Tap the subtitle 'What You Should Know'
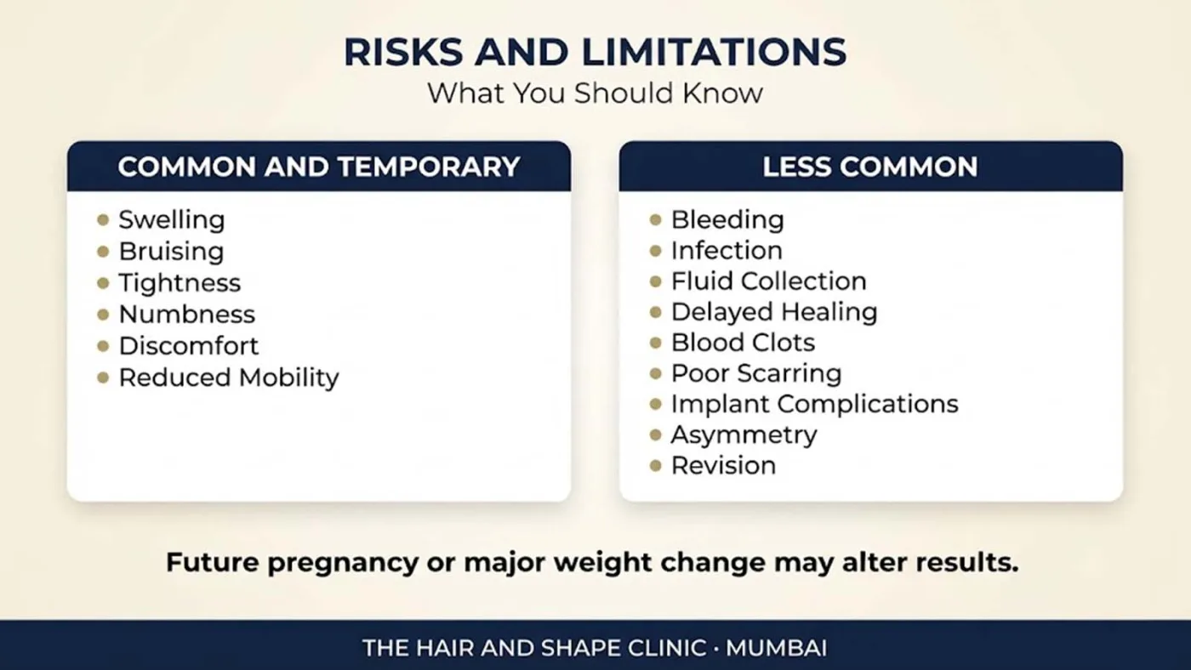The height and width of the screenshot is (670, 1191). tap(595, 93)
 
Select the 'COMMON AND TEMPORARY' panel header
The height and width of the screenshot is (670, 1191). tap(319, 167)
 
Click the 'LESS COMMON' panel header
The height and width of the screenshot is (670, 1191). tap(871, 167)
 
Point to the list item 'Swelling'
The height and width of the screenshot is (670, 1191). tap(172, 220)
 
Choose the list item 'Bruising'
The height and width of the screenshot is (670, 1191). tap(171, 252)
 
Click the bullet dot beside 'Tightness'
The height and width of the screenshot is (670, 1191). tap(103, 283)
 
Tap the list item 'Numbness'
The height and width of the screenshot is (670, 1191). tap(187, 315)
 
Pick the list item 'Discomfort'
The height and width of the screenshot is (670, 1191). tap(189, 346)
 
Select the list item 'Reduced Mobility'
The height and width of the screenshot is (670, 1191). tap(229, 378)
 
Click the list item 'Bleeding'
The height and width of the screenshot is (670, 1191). tap(727, 220)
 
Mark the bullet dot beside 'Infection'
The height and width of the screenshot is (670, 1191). tap(656, 251)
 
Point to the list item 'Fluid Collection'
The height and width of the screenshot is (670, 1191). tap(769, 281)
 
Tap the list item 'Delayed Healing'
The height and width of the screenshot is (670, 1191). tap(774, 312)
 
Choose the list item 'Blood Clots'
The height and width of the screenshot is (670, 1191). tap(744, 343)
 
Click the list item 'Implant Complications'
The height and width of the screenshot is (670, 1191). tap(815, 405)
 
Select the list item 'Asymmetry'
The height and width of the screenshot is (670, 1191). tap(744, 435)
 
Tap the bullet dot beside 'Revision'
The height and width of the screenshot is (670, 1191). tap(656, 466)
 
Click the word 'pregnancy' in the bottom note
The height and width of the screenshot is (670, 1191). tap(343, 563)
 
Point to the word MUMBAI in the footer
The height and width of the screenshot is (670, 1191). tap(776, 648)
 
